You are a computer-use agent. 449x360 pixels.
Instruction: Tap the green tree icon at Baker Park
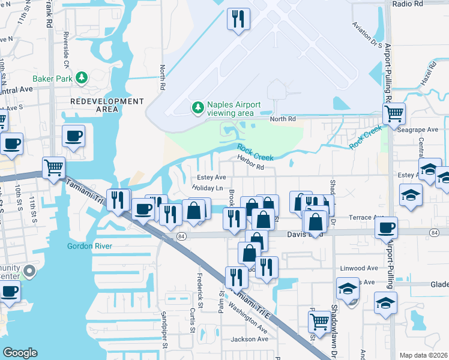(x=81, y=77)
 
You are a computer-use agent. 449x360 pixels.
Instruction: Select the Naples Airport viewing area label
(x=234, y=109)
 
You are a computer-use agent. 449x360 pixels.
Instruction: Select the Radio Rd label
(x=408, y=4)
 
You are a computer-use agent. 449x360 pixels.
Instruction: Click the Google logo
(x=20, y=353)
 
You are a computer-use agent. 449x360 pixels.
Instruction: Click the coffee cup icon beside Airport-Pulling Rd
(x=385, y=227)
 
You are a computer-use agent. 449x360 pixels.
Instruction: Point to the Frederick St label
(x=200, y=288)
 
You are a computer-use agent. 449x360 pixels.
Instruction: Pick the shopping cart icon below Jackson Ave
(x=319, y=321)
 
